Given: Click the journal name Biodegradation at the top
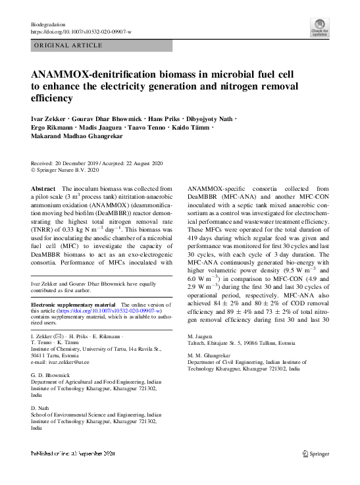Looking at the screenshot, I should point(48,23).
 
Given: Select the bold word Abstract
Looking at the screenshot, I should point(43,189).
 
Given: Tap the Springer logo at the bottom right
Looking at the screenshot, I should point(315,454).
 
